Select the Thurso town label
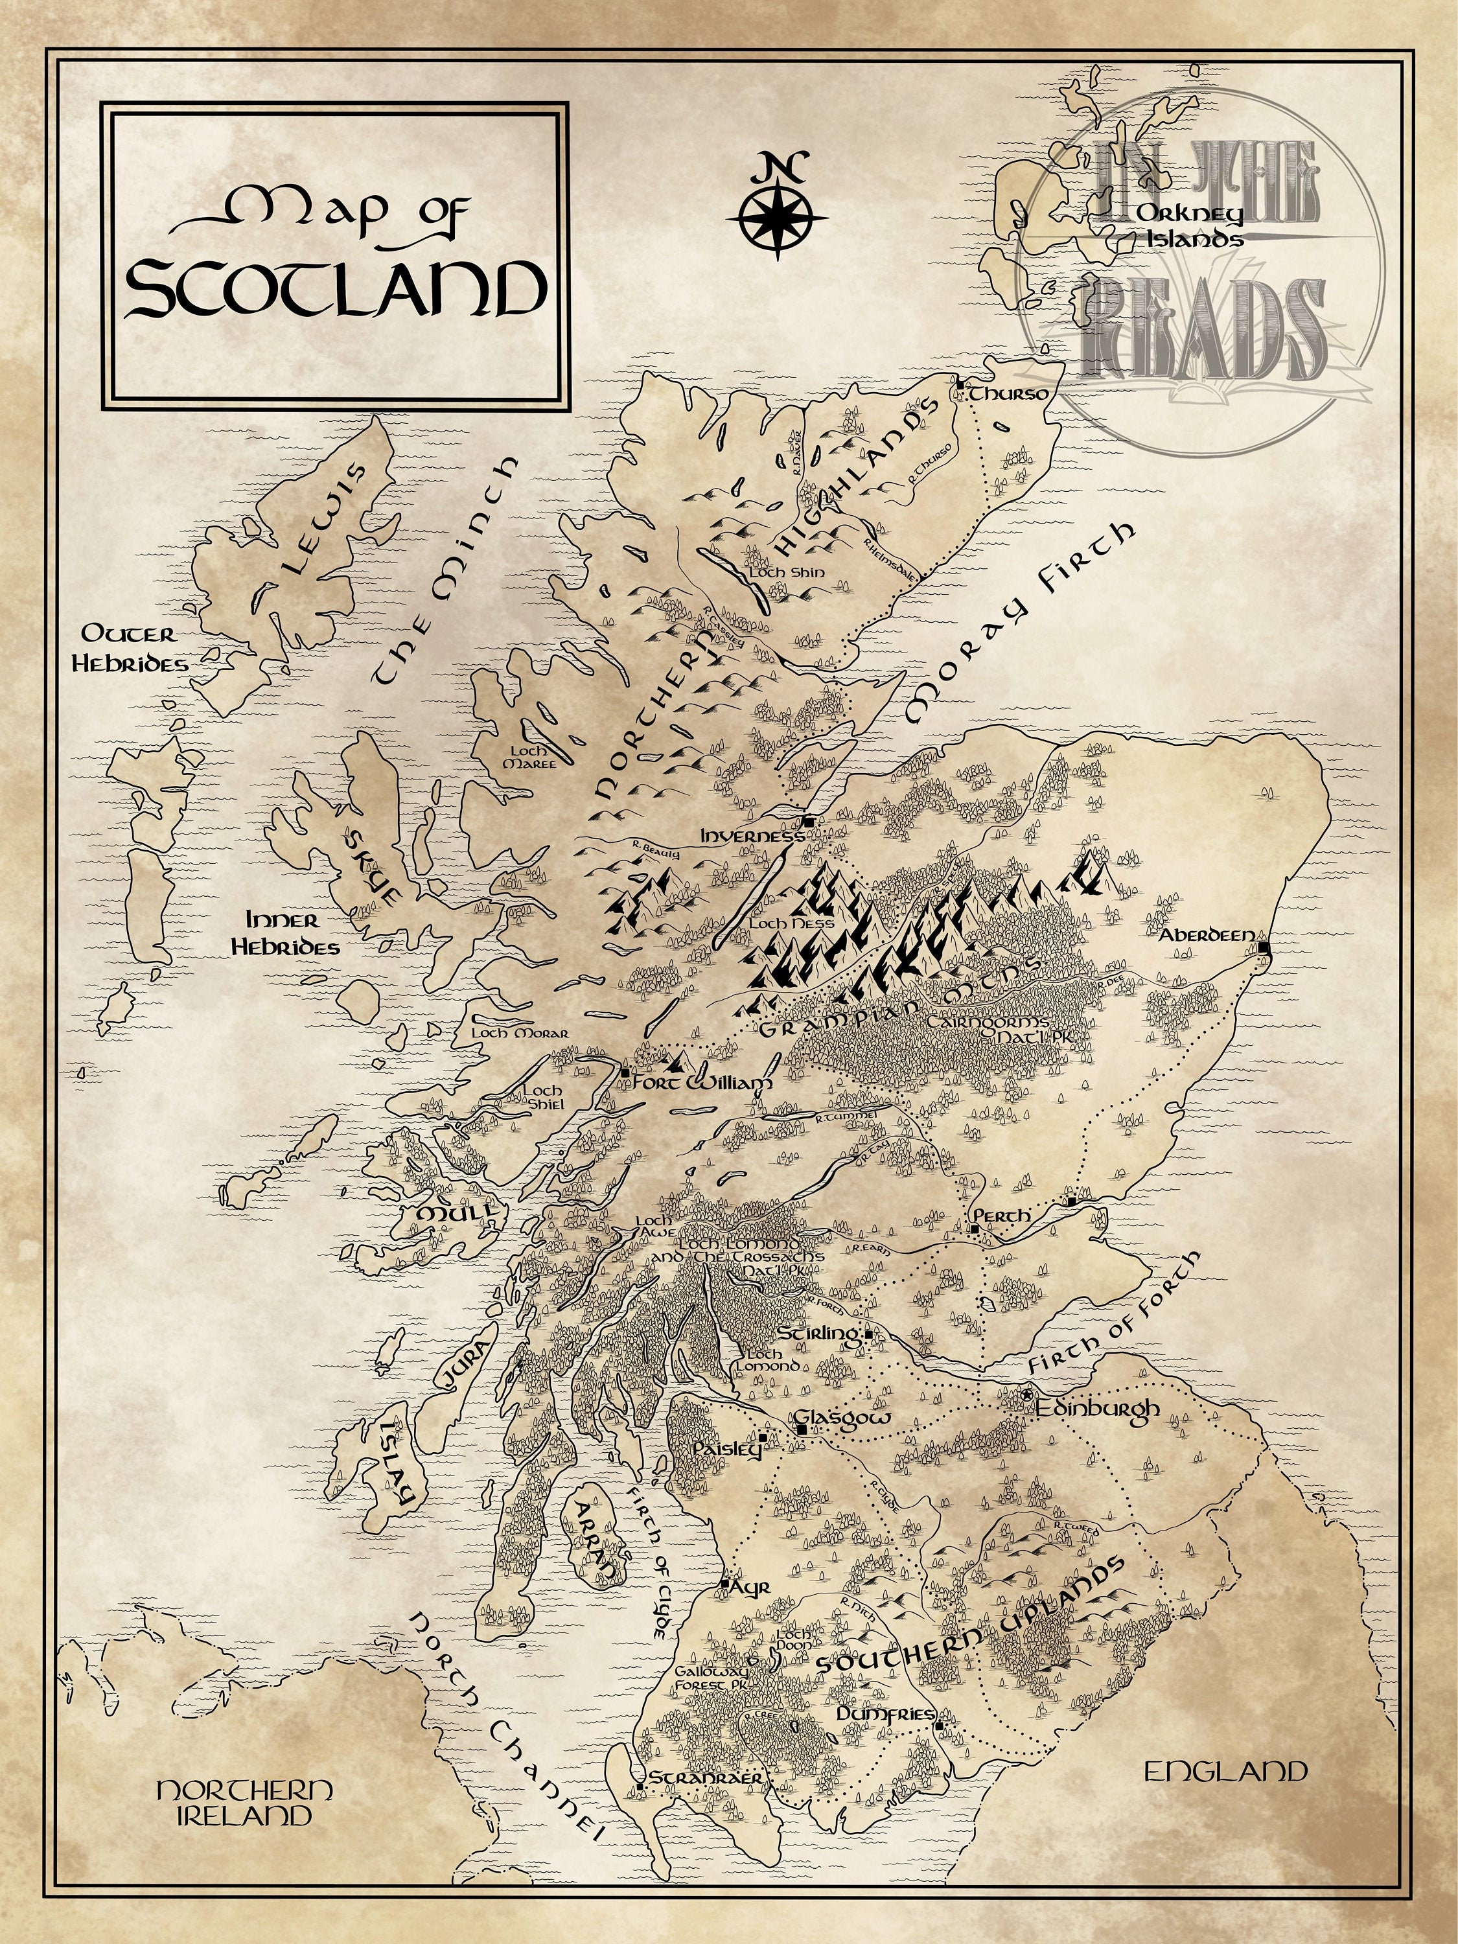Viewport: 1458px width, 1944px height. click(x=1008, y=394)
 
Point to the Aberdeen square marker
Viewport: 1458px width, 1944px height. click(x=1263, y=947)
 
